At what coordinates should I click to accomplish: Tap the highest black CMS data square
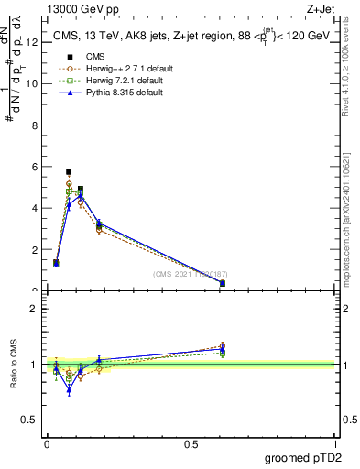69,171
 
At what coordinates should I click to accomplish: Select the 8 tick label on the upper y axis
34,125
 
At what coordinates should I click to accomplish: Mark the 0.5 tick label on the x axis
191,444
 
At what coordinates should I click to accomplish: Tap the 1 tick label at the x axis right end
336,444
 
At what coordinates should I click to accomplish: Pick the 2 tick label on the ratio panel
34,309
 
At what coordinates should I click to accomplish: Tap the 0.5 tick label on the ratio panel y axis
30,420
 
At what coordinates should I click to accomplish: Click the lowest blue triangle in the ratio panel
69,390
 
